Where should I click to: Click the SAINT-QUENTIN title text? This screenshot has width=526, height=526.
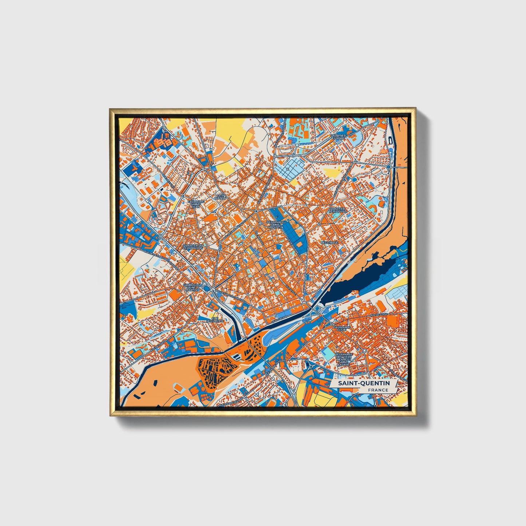click(x=364, y=383)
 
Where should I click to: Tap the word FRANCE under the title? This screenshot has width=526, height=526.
click(x=378, y=390)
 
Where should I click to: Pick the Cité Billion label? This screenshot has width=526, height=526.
click(x=220, y=197)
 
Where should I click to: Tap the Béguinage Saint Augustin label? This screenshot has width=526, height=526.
click(x=275, y=225)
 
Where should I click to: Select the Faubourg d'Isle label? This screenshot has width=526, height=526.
click(x=341, y=329)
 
